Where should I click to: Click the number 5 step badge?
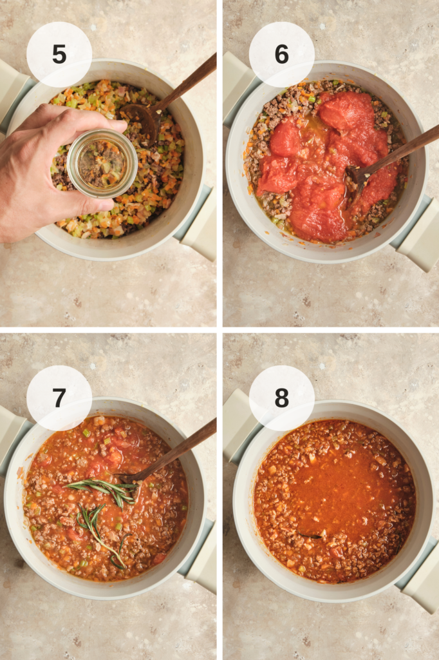click(59, 54)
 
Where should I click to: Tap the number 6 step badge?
click(281, 54)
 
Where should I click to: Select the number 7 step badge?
click(59, 398)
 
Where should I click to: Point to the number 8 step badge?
click(281, 398)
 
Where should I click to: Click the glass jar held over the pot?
click(102, 164)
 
